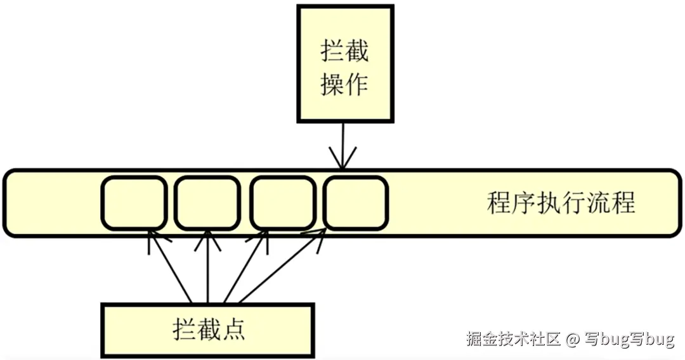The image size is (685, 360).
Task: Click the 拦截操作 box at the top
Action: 344,63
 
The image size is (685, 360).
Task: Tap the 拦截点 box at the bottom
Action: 207,330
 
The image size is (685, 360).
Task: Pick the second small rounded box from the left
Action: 207,203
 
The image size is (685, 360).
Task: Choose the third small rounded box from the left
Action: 283,203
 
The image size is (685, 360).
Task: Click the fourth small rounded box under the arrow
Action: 355,203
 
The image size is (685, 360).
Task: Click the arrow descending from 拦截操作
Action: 342,146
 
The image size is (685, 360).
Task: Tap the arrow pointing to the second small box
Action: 207,266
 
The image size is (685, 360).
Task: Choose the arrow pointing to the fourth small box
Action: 279,266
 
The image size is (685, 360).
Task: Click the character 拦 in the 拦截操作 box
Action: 333,51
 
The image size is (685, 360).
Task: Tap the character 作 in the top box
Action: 356,84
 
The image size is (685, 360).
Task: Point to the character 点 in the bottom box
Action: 233,330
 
